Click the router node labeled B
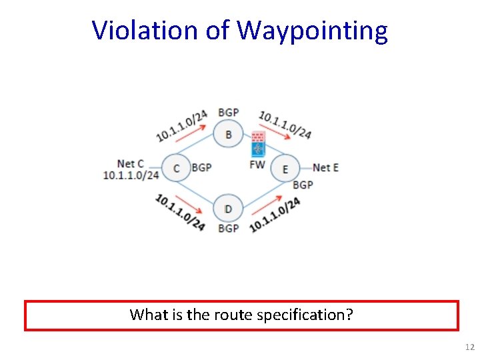tap(229, 135)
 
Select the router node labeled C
tap(176, 168)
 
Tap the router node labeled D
tap(228, 209)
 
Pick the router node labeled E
tap(285, 169)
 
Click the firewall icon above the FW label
tap(258, 144)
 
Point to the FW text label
tap(257, 165)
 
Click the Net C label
tap(130, 163)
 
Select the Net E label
tap(325, 167)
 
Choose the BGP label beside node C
tap(201, 167)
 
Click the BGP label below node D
tap(228, 229)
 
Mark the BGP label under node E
tap(303, 184)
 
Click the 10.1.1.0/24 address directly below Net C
tap(131, 175)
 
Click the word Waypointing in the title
tap(312, 30)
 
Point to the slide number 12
tap(469, 347)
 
